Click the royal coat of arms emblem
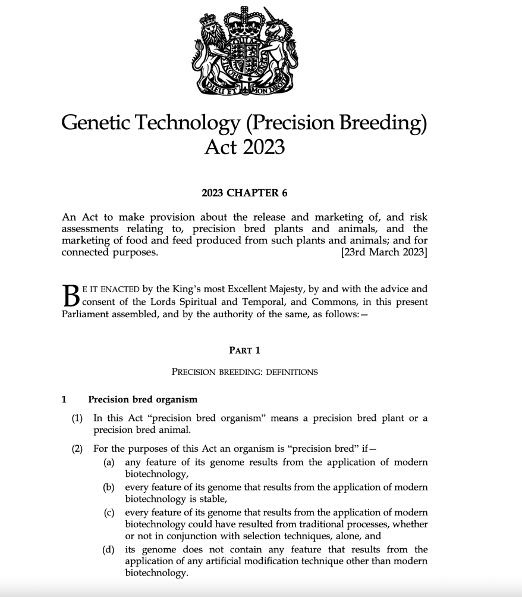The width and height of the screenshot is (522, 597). click(244, 53)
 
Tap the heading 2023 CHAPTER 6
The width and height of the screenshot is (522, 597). click(244, 193)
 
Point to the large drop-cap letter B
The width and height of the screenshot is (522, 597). click(70, 295)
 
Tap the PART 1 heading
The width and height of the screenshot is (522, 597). click(244, 350)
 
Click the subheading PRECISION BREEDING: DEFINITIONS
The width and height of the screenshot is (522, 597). click(244, 372)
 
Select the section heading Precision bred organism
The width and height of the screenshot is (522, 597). click(143, 399)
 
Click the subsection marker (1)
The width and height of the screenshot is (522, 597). click(77, 418)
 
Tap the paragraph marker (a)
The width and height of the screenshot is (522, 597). click(109, 462)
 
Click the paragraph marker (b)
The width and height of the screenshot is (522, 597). click(109, 487)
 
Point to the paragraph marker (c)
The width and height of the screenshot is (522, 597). click(109, 512)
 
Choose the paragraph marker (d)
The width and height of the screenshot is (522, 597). click(109, 549)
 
